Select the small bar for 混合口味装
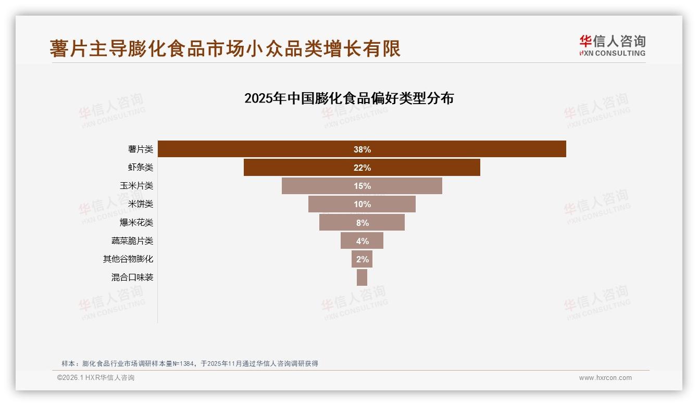point(362,277)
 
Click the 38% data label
point(362,149)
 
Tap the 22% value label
point(362,168)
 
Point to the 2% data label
point(362,259)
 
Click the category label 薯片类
point(141,149)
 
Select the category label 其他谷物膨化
point(128,259)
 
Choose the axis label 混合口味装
point(132,277)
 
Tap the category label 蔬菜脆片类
point(132,241)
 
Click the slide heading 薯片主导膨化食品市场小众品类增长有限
point(225,48)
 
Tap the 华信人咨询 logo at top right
point(612,45)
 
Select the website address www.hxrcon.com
point(605,378)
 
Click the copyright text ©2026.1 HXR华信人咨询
point(96,378)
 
